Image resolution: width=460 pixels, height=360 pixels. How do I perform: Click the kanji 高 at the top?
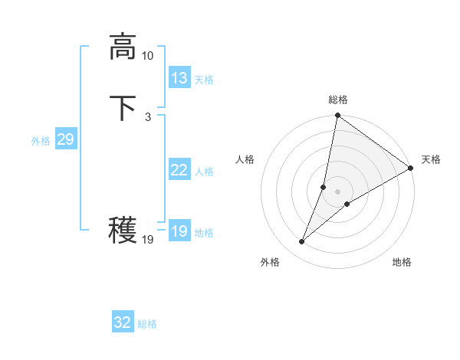coord(123,46)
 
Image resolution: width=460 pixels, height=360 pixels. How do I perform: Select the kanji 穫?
coord(123,229)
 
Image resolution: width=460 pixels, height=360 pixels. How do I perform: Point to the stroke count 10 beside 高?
coord(148,56)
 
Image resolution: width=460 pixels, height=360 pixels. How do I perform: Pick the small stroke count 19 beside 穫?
coord(148,240)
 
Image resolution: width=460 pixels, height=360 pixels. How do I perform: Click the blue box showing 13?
coord(179,77)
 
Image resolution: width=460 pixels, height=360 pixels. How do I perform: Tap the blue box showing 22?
coord(179,170)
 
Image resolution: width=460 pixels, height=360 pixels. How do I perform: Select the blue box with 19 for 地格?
coord(179,231)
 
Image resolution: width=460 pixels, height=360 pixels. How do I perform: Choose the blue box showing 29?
coord(65,139)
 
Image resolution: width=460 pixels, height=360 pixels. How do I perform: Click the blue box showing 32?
coord(123,322)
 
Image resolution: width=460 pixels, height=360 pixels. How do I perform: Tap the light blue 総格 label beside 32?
coord(147,324)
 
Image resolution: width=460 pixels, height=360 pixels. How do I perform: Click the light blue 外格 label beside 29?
coord(41,141)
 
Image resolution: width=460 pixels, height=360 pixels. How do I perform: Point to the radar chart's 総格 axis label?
coord(338,100)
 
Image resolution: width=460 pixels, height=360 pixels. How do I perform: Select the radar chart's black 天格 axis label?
coord(431,159)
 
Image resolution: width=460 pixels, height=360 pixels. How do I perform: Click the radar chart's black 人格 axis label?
coord(245,159)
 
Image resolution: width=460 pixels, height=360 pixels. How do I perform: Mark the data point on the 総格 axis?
coord(337,116)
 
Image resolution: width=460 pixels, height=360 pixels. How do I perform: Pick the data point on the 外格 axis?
coord(301,242)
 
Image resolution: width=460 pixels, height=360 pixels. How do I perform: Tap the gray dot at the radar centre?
coord(337,191)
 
